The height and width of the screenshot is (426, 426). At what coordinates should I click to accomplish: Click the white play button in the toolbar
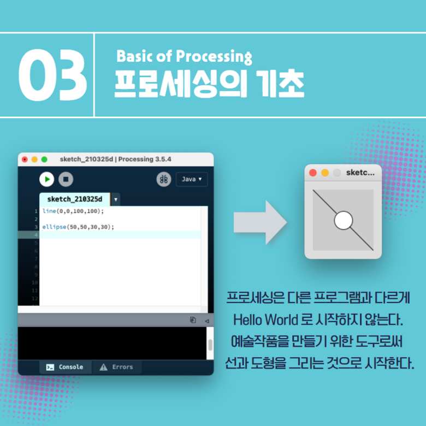click(x=47, y=179)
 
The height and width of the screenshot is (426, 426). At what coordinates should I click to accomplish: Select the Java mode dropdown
click(x=192, y=179)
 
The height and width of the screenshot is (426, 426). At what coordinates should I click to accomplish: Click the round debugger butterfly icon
click(x=164, y=179)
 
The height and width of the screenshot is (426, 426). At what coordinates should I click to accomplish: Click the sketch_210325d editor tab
click(x=75, y=199)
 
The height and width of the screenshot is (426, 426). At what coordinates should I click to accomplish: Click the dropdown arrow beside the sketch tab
click(x=115, y=199)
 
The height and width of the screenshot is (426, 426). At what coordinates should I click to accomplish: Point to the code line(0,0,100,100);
click(x=73, y=211)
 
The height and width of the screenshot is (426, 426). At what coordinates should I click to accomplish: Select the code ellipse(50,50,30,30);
click(x=78, y=227)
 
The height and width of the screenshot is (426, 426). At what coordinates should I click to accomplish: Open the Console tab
click(x=65, y=367)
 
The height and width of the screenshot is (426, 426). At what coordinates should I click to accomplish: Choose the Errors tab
click(x=116, y=367)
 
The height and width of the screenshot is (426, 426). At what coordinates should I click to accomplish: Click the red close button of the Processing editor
click(x=25, y=159)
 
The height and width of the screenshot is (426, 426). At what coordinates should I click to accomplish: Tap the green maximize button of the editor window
click(x=44, y=159)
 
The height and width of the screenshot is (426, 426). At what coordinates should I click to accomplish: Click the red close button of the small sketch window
click(x=313, y=173)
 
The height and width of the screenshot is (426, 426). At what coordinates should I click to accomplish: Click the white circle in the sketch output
click(x=344, y=220)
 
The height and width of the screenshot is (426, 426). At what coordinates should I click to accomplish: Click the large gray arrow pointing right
click(x=260, y=222)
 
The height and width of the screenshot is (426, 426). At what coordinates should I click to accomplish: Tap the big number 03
click(x=53, y=75)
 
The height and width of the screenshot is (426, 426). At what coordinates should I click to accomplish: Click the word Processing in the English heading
click(x=214, y=57)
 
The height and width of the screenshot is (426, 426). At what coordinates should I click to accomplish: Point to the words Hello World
click(x=265, y=319)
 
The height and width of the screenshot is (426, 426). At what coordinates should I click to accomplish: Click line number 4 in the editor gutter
click(x=35, y=235)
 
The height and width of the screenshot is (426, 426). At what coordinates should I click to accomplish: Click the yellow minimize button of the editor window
click(x=34, y=159)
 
